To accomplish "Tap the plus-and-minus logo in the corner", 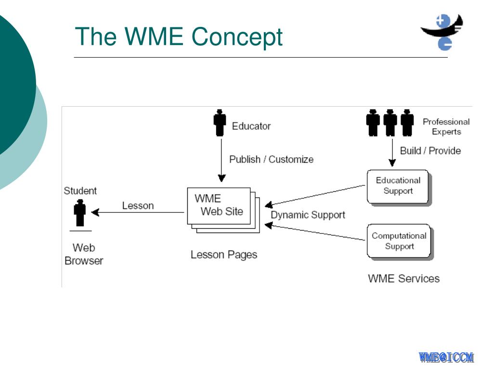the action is [x=442, y=32].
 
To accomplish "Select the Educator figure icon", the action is [x=220, y=123].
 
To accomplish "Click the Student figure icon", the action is [x=80, y=213].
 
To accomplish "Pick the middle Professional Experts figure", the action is [x=390, y=123].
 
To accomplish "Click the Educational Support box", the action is [x=399, y=187].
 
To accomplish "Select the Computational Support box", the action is [x=399, y=241].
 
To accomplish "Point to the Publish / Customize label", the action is [x=272, y=160].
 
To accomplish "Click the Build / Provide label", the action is [x=430, y=151].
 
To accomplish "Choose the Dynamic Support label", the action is [x=308, y=215].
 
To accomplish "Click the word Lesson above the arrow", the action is [x=138, y=206].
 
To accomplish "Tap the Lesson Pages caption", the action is [x=224, y=255].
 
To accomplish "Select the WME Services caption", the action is [x=404, y=279].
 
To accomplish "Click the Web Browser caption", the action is [x=84, y=254].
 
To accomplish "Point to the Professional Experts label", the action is [x=446, y=126].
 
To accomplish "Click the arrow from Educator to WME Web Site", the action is [x=221, y=160].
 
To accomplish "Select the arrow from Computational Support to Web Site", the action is [x=315, y=232].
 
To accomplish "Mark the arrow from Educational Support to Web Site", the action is [x=315, y=197].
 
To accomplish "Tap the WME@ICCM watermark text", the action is [x=446, y=357].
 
